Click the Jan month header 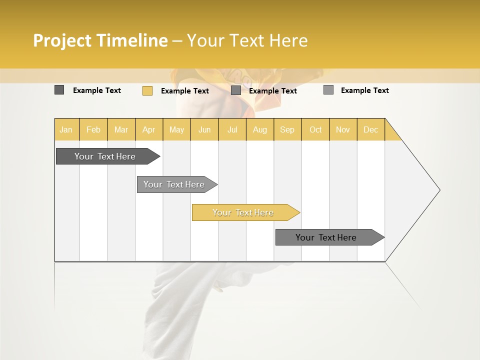pyautogui.click(x=66, y=130)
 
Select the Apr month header pyautogui.click(x=148, y=130)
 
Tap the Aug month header pyautogui.click(x=259, y=130)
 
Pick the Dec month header pyautogui.click(x=370, y=130)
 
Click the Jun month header pyautogui.click(x=204, y=130)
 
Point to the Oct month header pyautogui.click(x=315, y=130)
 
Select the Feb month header pyautogui.click(x=93, y=130)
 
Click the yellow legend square pyautogui.click(x=147, y=90)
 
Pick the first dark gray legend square pyautogui.click(x=59, y=90)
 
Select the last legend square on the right pyautogui.click(x=328, y=90)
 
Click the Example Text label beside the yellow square pyautogui.click(x=184, y=91)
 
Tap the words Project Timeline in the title pyautogui.click(x=100, y=40)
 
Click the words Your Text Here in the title pyautogui.click(x=247, y=40)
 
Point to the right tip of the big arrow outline pyautogui.click(x=439, y=190)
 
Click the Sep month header pyautogui.click(x=287, y=130)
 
